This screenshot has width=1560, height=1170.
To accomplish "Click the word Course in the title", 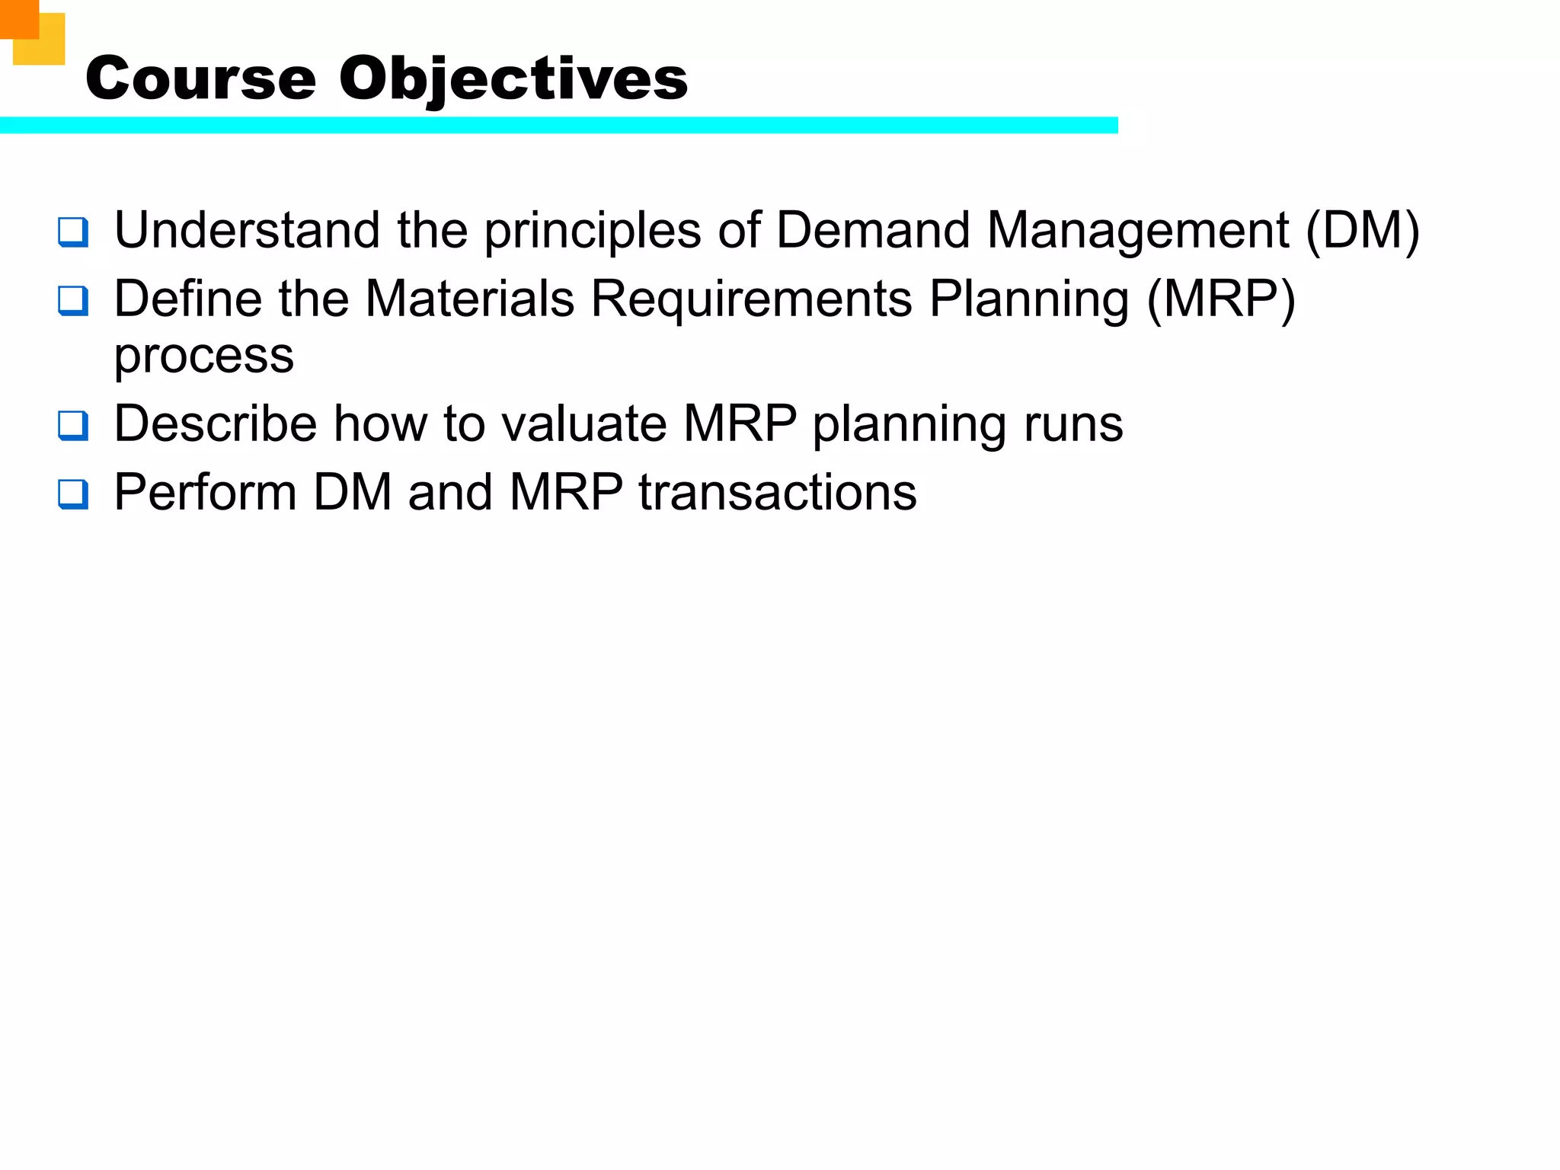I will click(200, 78).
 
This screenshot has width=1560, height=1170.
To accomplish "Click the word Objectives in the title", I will click(513, 78).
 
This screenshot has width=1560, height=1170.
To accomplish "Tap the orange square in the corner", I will click(19, 18).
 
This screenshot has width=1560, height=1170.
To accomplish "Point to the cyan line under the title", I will click(558, 126).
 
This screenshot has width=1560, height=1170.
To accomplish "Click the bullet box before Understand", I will click(73, 232).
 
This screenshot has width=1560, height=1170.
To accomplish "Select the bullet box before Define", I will click(73, 301).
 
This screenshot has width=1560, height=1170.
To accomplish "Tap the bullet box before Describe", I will click(73, 426).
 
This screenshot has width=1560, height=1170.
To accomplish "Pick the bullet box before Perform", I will click(73, 494).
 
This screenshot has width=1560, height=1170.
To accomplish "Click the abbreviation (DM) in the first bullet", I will click(1362, 230).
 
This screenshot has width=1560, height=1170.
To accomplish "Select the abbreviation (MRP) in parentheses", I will click(1220, 299).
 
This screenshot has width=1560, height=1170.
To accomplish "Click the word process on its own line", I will click(203, 356).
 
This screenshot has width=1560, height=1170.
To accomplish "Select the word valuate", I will click(581, 424).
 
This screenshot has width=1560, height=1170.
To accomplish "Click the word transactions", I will click(777, 492).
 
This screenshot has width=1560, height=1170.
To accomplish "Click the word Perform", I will click(205, 492).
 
